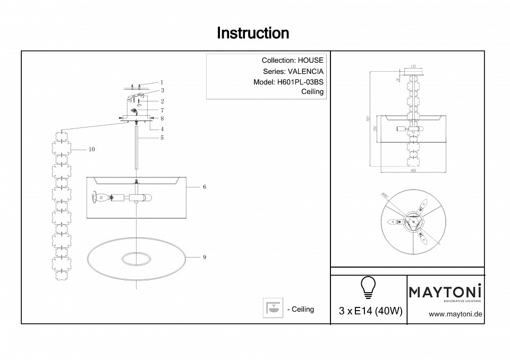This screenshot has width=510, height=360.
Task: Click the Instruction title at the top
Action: point(253,33)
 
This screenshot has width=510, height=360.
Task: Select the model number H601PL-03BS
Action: point(300,82)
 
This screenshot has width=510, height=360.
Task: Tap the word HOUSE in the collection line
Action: point(310,61)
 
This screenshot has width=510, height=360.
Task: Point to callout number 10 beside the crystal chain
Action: point(91,150)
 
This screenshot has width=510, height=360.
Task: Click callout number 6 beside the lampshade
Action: point(204,187)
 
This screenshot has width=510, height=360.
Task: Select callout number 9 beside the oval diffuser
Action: point(204,258)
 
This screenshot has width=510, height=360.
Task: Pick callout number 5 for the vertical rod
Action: point(161,138)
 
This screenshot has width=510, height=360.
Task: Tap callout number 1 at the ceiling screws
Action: point(161,83)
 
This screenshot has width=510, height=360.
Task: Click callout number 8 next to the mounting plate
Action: point(162,118)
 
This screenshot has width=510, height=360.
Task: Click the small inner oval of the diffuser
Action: point(135,259)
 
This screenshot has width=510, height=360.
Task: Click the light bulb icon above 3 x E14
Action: point(368,287)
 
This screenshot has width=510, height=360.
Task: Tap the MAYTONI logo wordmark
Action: point(445,291)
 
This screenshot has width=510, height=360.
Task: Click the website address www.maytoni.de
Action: point(455,314)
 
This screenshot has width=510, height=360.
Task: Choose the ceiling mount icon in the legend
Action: point(274,308)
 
